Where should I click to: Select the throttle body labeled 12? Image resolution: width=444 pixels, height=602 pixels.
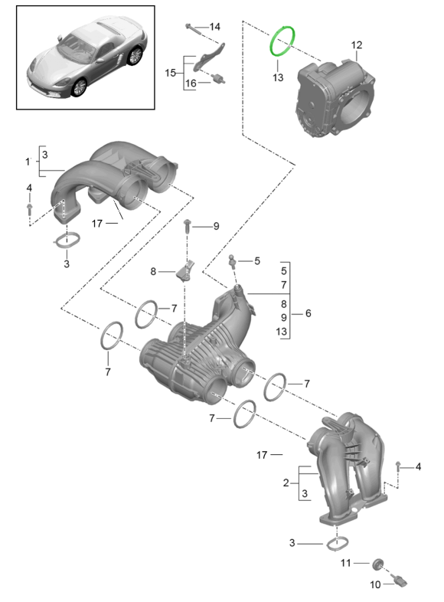[335, 98]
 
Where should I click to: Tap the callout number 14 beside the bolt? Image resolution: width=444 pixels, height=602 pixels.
[214, 27]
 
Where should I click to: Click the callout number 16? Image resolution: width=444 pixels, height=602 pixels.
[191, 83]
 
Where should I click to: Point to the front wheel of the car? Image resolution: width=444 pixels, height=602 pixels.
[80, 88]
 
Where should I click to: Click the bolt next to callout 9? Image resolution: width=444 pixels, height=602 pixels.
[188, 227]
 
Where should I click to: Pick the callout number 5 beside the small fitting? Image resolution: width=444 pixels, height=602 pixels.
[256, 260]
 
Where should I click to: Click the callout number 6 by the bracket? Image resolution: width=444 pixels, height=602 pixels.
[309, 313]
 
